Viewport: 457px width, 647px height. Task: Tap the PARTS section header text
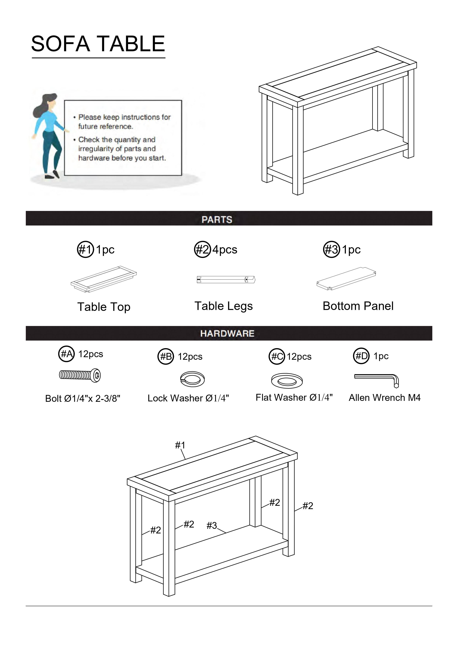[x=217, y=220]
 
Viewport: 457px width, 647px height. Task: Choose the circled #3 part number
[x=331, y=249]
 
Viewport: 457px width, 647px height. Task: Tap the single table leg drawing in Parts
[x=226, y=280]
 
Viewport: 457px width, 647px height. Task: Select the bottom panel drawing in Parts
[x=346, y=278]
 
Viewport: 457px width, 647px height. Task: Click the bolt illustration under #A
[x=80, y=375]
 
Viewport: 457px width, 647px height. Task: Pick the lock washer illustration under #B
[x=192, y=379]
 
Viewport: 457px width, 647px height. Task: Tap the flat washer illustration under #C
[x=287, y=381]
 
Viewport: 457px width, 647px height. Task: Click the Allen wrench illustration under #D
[x=376, y=379]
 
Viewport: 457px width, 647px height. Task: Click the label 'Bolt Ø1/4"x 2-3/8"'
[x=83, y=398]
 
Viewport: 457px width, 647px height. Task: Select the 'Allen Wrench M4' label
[x=384, y=398]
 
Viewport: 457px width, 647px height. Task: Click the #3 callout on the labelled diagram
[x=212, y=525]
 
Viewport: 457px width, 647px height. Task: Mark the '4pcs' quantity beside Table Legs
[x=225, y=249]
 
